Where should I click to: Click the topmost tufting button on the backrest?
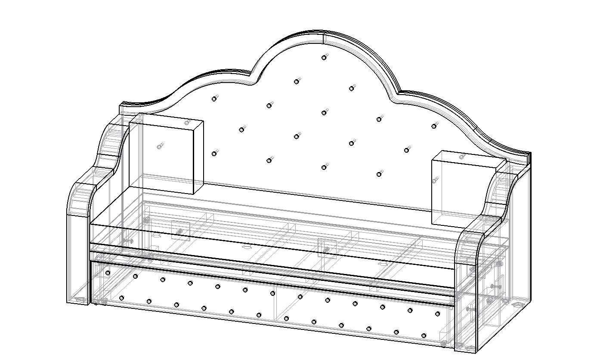point(324,57)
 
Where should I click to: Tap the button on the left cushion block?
point(160,147)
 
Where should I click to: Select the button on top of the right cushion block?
point(462,157)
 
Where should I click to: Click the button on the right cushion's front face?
point(435,180)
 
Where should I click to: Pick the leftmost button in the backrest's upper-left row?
point(214,99)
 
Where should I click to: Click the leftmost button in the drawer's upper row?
point(108,273)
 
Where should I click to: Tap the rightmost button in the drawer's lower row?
point(424,335)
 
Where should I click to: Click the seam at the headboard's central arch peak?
point(323,37)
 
